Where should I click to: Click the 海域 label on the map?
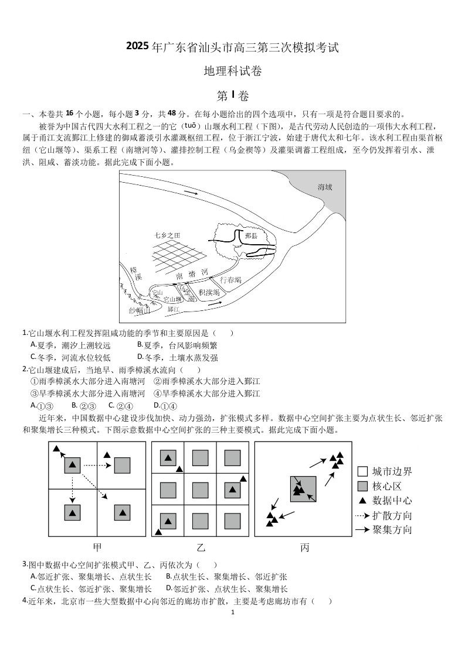[x=325, y=187]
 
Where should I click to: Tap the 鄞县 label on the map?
[x=252, y=235]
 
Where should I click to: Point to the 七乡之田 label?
[x=167, y=235]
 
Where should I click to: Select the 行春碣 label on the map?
[x=230, y=280]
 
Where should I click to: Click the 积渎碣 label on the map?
[x=209, y=292]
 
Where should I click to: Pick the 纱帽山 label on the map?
[x=139, y=310]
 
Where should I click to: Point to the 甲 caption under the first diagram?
[x=97, y=547]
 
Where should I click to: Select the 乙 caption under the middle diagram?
[x=201, y=547]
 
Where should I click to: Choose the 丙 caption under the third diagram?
[x=304, y=547]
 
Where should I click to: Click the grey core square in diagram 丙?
[x=303, y=489]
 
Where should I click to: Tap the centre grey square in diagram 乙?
[x=201, y=489]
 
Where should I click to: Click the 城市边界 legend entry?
[x=384, y=471]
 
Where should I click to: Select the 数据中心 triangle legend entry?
[x=384, y=501]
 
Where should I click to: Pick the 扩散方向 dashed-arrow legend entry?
[x=384, y=515]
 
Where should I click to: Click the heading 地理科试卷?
[x=232, y=71]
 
